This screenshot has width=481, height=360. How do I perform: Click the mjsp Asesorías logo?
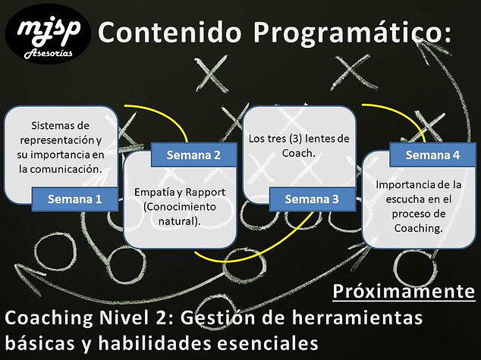(48, 33)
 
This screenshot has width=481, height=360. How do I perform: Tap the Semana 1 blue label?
(75, 199)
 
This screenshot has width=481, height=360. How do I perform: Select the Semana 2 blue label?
(194, 155)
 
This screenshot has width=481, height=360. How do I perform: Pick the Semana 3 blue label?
(313, 199)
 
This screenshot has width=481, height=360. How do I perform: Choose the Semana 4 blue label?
(432, 155)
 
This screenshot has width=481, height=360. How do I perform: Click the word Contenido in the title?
(170, 32)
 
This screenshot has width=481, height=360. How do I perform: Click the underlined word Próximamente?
(404, 291)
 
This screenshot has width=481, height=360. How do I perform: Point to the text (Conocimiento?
(180, 206)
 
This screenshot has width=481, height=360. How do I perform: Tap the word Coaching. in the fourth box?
(419, 228)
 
